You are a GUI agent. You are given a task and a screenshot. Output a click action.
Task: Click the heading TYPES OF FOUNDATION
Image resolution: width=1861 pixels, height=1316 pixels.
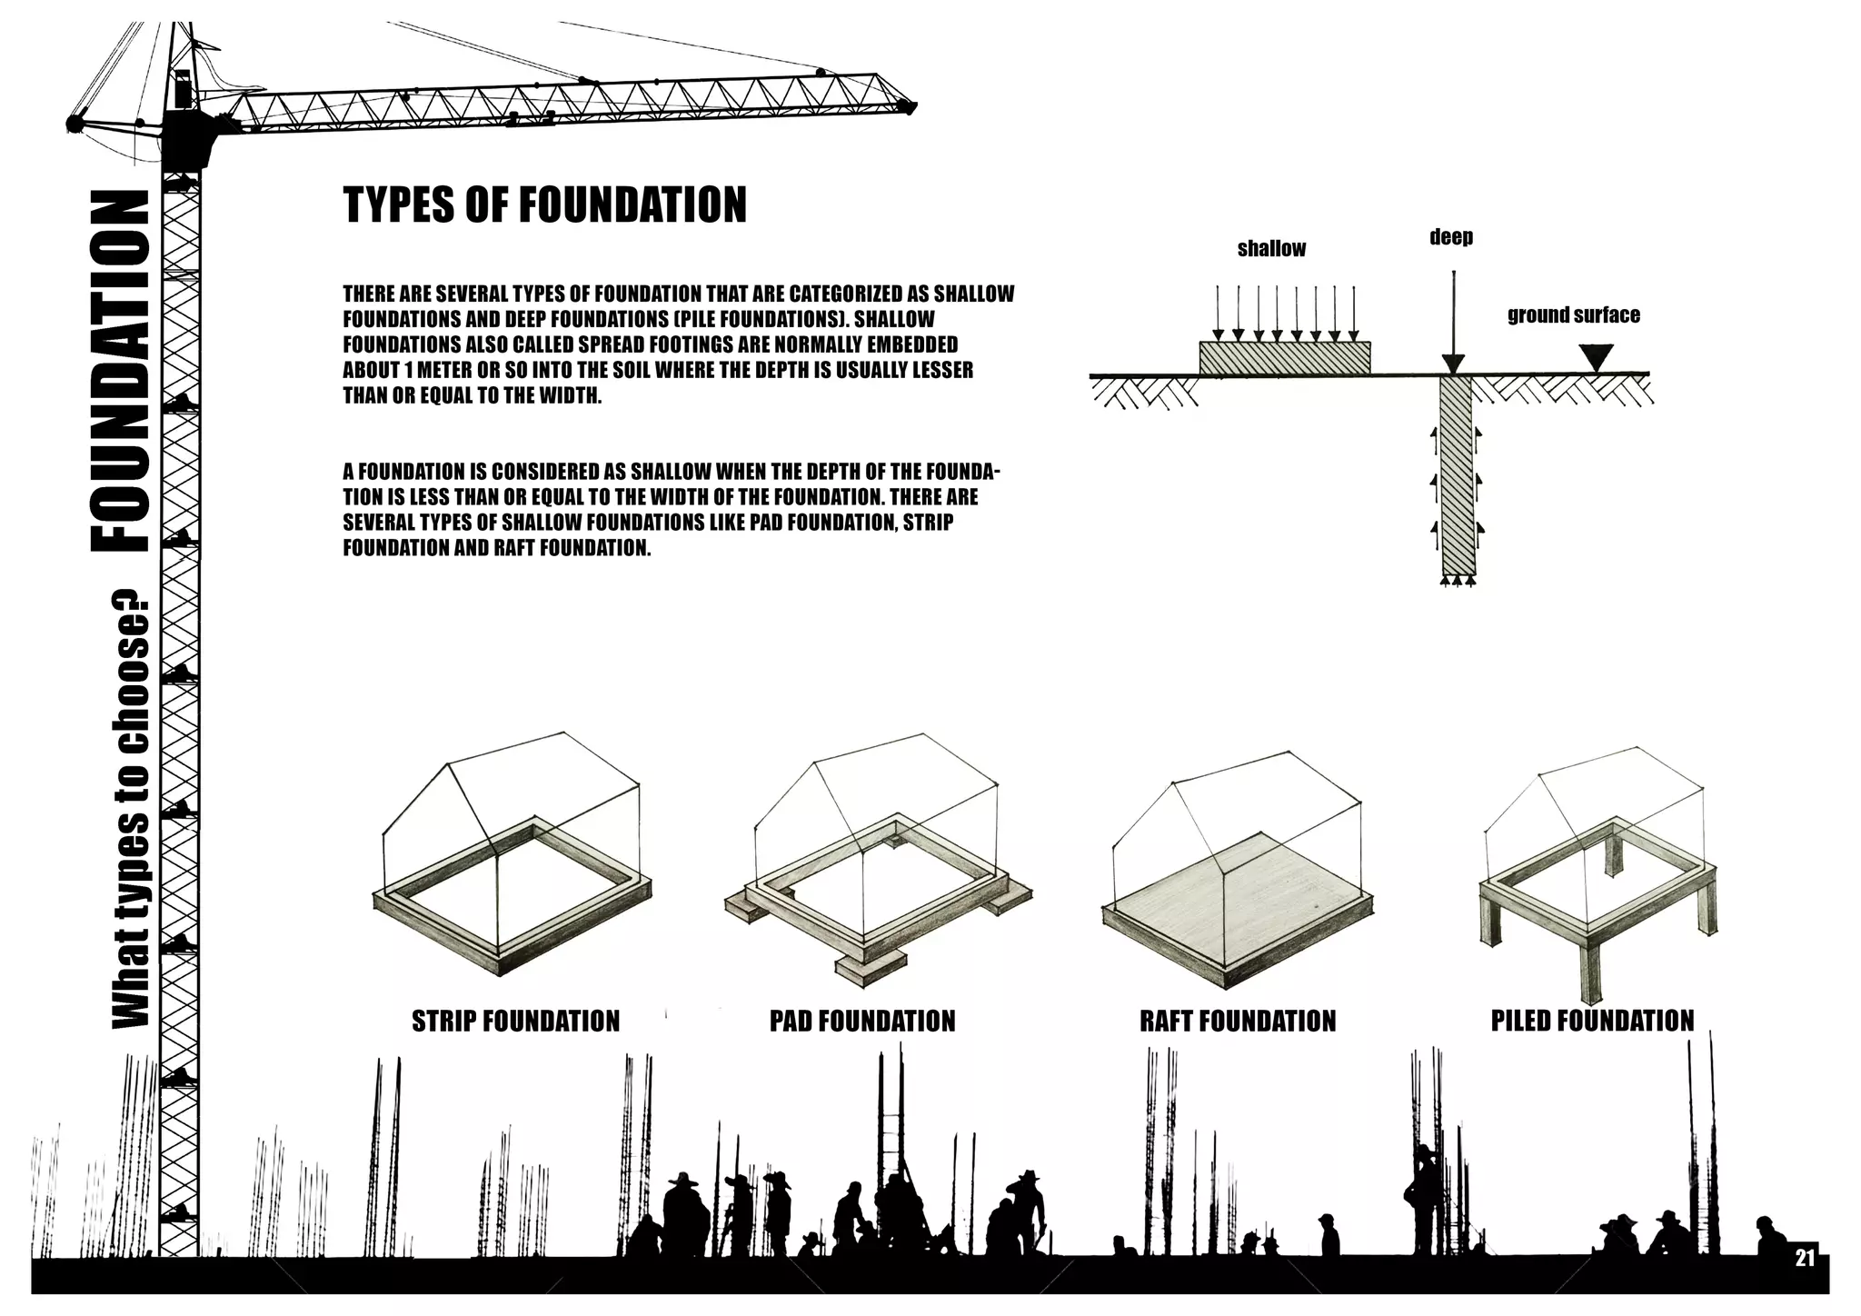coord(544,205)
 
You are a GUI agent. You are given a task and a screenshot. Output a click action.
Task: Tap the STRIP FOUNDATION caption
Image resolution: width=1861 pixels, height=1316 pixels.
coord(515,1021)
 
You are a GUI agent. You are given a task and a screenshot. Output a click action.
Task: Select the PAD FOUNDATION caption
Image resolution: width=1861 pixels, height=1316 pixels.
coord(862,1021)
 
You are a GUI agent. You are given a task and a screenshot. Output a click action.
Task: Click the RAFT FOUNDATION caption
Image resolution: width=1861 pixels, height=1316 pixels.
coord(1238,1021)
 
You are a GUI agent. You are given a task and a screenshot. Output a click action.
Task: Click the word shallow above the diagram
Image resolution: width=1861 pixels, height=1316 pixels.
coord(1271,248)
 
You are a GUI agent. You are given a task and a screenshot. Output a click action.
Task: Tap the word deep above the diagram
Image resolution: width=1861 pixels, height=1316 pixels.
coord(1450,237)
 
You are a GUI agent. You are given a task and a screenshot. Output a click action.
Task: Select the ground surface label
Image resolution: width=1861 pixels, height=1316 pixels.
coord(1573,315)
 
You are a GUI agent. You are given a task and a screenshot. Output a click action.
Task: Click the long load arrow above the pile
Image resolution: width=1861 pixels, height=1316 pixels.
coord(1454,318)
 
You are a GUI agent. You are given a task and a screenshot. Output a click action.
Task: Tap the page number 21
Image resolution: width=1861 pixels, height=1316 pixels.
coord(1805,1258)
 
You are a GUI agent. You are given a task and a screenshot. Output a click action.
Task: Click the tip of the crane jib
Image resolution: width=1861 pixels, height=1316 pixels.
coord(907,107)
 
